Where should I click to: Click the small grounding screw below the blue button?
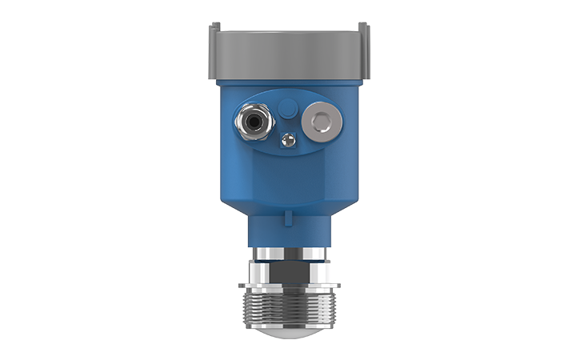[287, 141]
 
